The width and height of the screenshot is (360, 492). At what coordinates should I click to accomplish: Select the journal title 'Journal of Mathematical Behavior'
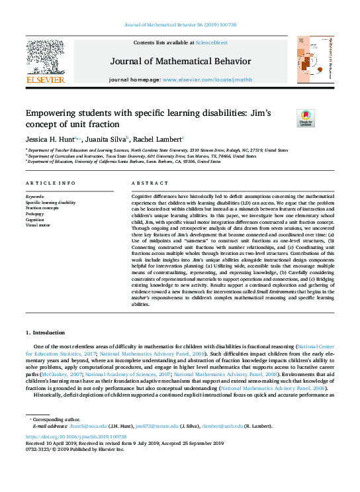point(180,61)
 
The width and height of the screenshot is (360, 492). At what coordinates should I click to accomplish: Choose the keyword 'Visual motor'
point(38,225)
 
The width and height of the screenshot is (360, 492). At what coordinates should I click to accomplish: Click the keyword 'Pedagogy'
point(35,214)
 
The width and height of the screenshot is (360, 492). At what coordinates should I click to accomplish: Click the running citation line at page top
point(179,25)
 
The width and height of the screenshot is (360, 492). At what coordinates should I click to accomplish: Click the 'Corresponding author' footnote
point(52,420)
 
